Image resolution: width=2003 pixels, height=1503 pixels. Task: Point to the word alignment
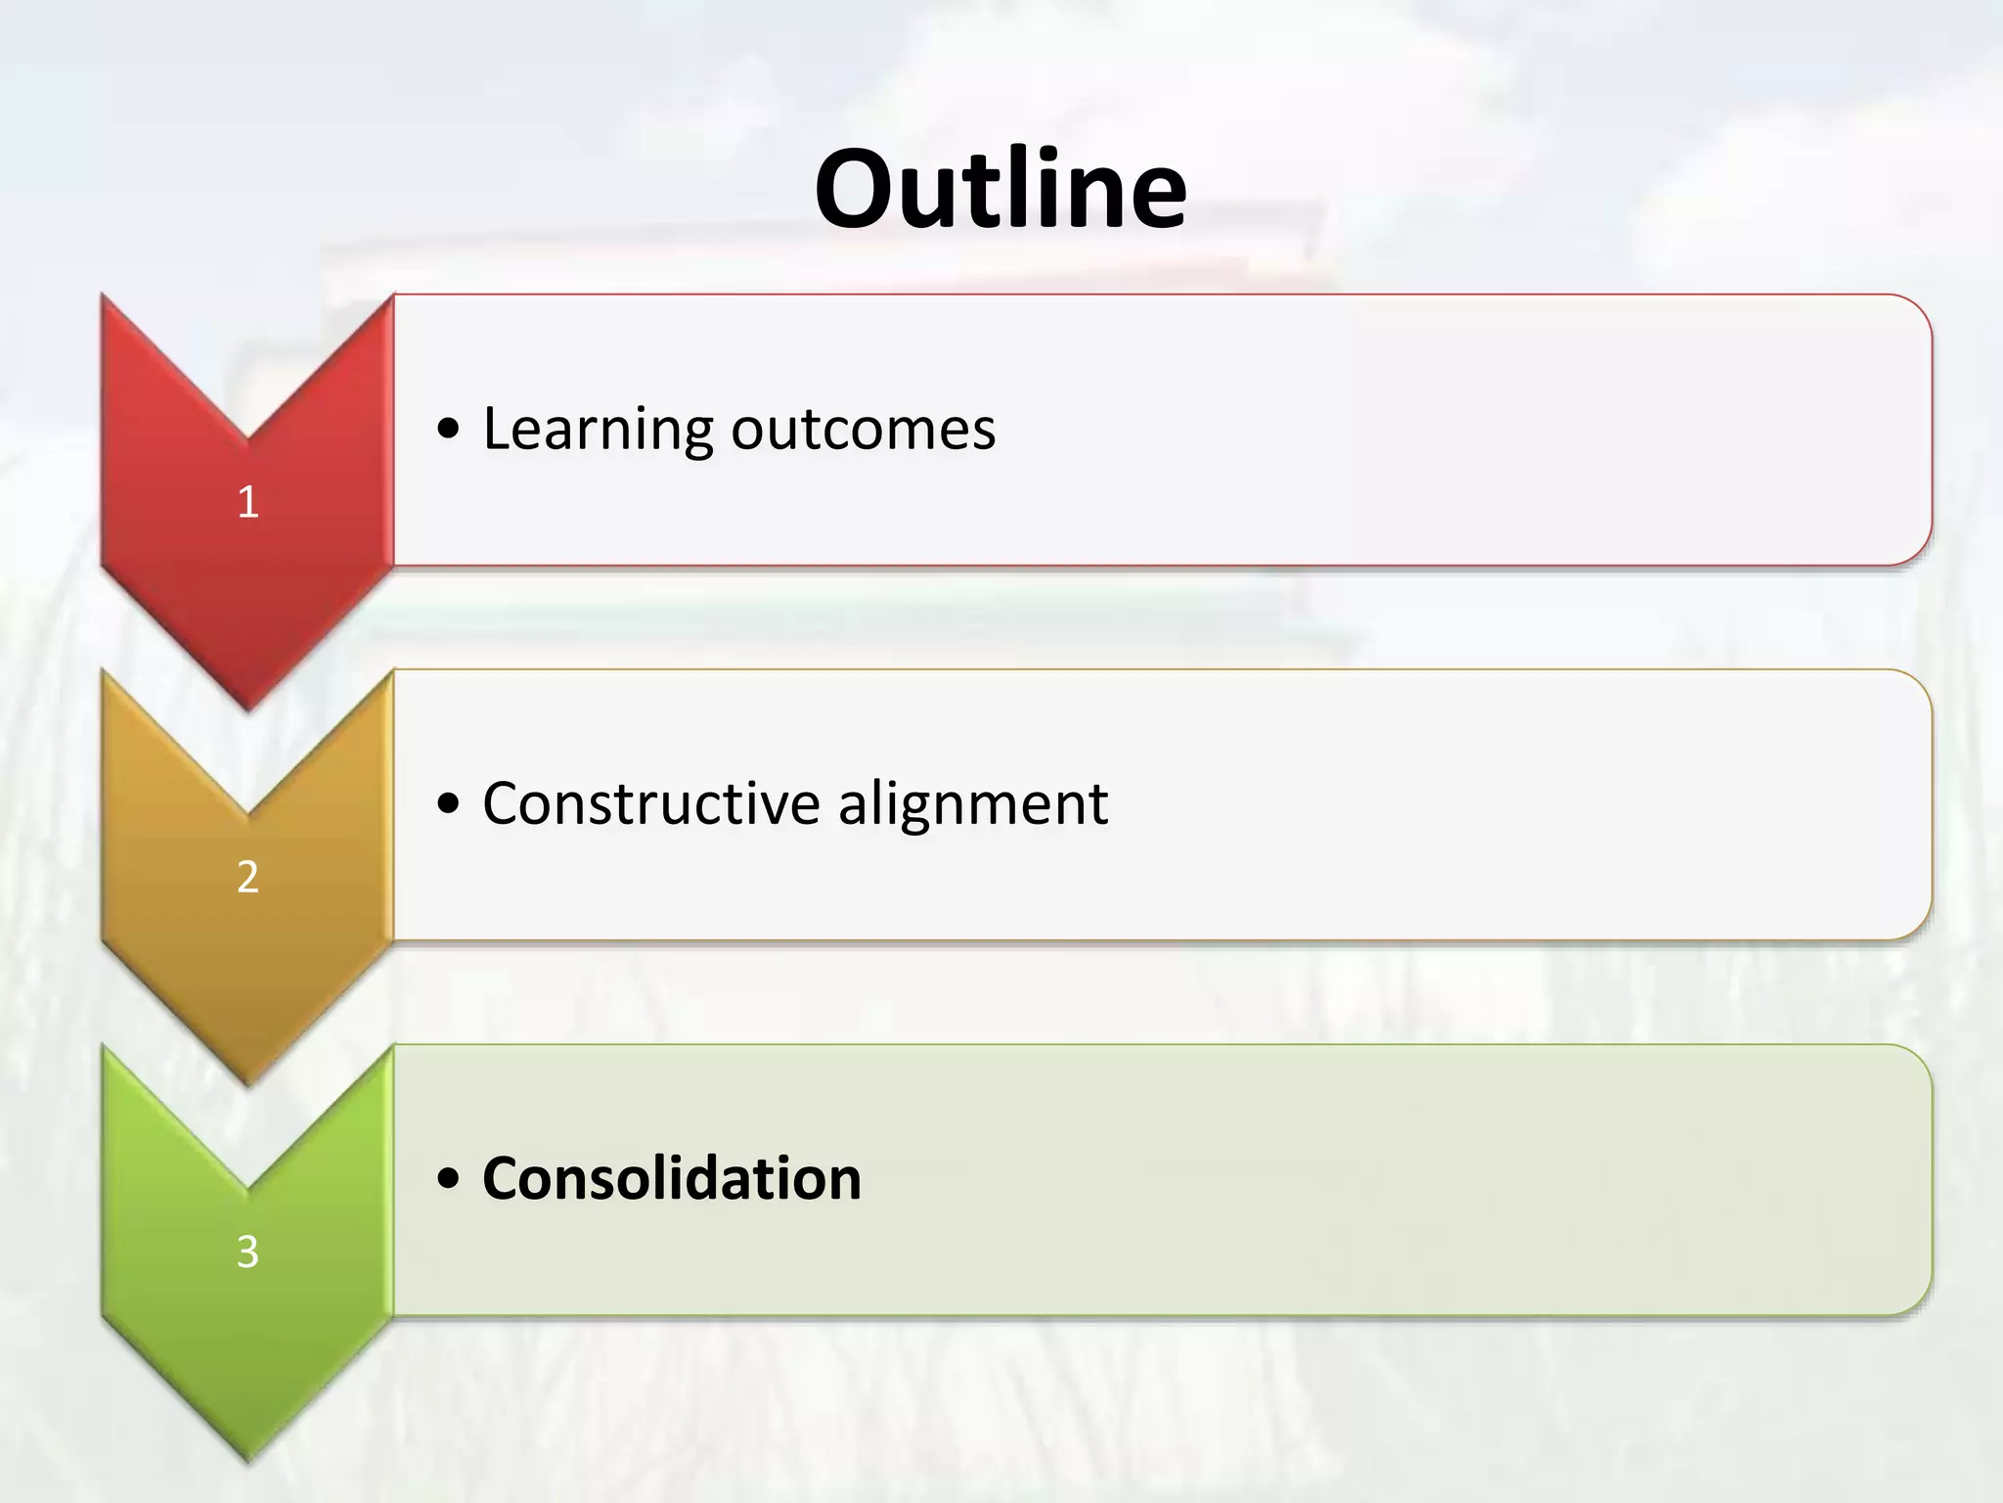(x=972, y=805)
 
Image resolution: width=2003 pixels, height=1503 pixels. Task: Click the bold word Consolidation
(x=671, y=1178)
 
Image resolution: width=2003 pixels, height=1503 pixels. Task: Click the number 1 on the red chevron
(x=247, y=502)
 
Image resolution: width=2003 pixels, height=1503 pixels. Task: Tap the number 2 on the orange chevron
(x=247, y=877)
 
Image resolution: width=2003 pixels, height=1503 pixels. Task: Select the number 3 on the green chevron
(x=247, y=1252)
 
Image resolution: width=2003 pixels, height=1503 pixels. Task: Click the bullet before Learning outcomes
(x=449, y=430)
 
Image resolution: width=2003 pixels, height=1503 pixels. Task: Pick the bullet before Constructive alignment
(x=449, y=804)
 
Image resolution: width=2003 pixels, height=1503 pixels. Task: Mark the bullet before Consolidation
(x=449, y=1179)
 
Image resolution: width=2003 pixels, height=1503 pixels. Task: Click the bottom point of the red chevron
(x=247, y=706)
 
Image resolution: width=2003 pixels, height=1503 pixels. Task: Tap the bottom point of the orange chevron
(x=247, y=1082)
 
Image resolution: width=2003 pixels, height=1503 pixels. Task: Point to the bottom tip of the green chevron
(x=247, y=1458)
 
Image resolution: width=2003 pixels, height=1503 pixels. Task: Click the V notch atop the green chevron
(x=247, y=1188)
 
